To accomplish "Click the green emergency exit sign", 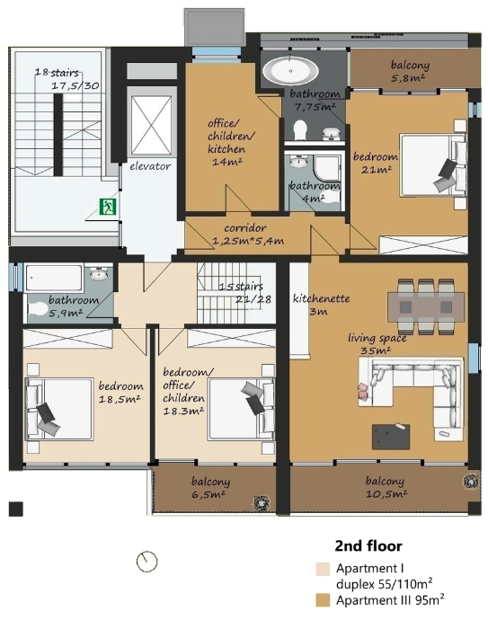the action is (x=108, y=207).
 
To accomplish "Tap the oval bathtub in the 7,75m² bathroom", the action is (x=290, y=71).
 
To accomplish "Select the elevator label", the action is (x=150, y=166).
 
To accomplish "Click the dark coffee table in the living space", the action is (x=391, y=437).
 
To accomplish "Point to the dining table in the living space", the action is (x=425, y=306).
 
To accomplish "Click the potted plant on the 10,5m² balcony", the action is (x=469, y=482).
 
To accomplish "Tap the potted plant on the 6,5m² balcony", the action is (x=260, y=502).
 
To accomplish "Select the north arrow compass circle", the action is (x=146, y=562).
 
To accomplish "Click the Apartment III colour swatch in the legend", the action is (x=323, y=600).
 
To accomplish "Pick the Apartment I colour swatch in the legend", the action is (x=323, y=569).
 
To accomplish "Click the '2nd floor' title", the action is (x=368, y=546).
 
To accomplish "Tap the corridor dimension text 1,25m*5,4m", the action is (x=248, y=241).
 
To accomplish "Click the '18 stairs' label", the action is (x=57, y=73).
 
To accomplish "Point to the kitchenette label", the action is (x=321, y=298).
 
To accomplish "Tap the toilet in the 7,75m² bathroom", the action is (x=300, y=129).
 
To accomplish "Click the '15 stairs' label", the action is (x=241, y=287).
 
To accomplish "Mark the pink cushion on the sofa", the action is (x=363, y=391).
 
